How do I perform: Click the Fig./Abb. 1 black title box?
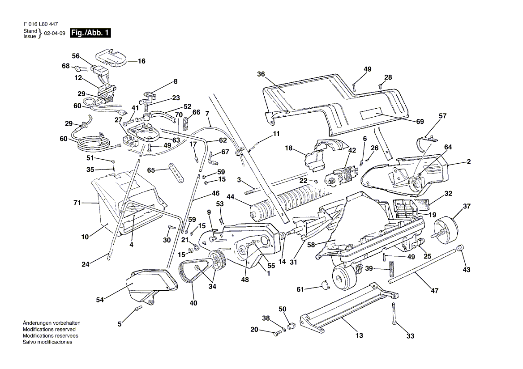90,33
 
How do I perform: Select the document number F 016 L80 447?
40,24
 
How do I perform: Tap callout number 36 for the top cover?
261,74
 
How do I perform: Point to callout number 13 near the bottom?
359,335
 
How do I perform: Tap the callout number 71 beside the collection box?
77,203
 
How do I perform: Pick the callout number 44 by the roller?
231,197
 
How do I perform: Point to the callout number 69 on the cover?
420,122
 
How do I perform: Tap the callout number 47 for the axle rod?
434,291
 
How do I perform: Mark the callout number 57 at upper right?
442,116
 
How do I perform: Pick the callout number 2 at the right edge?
468,161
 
